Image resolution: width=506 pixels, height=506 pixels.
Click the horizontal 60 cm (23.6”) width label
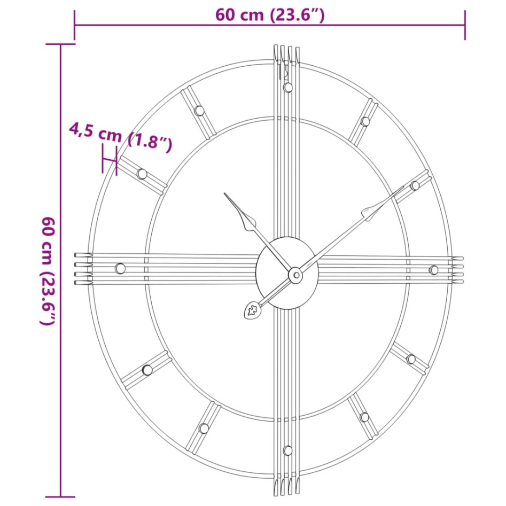pos(270,15)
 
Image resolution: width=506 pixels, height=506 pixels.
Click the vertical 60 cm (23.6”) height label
pos(48,271)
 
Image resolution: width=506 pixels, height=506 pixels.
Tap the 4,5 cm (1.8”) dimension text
pos(121,136)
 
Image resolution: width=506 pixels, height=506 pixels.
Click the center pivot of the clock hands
pos(295,275)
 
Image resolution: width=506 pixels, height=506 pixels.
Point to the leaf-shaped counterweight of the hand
pos(251,310)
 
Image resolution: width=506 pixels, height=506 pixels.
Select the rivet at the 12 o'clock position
pos(287,87)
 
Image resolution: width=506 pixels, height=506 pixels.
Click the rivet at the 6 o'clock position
pos(287,450)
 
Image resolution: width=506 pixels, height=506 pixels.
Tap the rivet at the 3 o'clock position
pos(434,270)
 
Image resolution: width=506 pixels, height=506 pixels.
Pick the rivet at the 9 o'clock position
pos(120,268)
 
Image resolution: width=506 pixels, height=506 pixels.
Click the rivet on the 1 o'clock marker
pos(365,121)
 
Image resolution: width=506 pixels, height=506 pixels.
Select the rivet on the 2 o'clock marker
pos(415,185)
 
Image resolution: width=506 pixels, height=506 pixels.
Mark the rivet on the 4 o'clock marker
pos(411,359)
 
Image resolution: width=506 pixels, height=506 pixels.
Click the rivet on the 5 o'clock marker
pos(364,417)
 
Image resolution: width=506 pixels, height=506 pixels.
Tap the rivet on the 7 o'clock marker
pos(204,428)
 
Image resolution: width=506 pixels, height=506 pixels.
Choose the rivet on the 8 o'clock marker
pos(147,369)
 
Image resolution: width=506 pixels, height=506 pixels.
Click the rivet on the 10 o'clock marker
pos(142,173)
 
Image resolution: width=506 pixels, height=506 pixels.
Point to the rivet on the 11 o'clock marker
pos(199,111)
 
